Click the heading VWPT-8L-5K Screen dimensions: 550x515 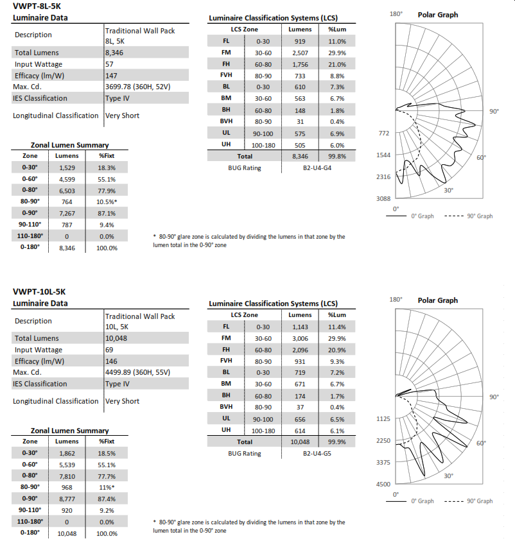37,6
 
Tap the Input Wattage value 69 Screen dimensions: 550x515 110,350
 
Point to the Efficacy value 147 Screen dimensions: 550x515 112,76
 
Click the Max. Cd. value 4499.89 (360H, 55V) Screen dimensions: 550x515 137,373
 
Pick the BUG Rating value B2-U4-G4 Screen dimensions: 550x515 317,168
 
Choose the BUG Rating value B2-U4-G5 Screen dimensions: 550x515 317,453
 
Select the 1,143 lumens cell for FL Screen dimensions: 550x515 300,327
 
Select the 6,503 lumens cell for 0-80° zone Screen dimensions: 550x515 67,191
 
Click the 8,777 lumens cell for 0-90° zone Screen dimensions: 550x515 67,499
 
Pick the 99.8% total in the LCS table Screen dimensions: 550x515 336,156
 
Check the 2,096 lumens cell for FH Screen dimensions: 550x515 300,350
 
